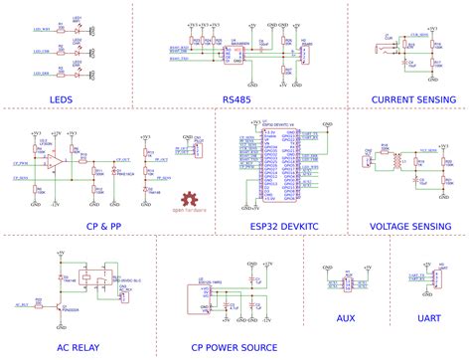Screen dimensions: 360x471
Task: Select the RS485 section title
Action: (x=236, y=99)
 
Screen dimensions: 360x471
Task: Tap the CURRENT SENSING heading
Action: (x=412, y=99)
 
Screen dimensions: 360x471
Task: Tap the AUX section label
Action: (x=344, y=318)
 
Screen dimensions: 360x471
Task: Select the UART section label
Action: (x=429, y=318)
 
